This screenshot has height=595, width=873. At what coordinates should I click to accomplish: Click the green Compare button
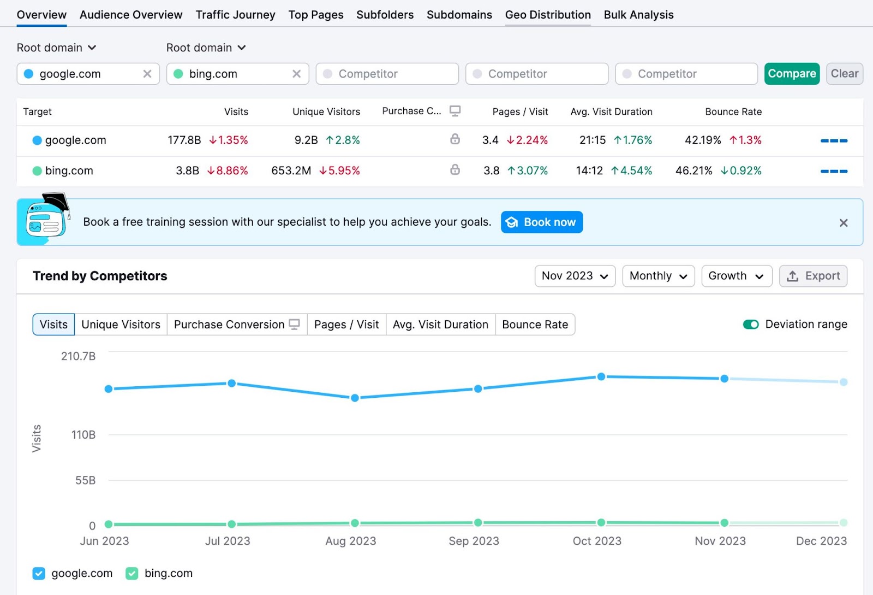791,74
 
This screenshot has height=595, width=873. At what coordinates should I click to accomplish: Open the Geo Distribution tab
548,15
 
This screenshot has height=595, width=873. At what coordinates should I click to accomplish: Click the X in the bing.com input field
296,74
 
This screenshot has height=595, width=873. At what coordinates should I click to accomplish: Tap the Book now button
541,222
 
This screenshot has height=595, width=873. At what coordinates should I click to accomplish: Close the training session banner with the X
843,223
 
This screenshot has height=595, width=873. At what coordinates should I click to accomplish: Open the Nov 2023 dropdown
575,276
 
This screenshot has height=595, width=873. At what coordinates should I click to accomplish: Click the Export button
813,276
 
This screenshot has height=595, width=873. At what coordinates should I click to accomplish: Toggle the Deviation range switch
751,325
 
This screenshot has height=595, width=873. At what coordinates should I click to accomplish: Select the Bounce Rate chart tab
535,325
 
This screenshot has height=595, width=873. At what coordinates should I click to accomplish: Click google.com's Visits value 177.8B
184,140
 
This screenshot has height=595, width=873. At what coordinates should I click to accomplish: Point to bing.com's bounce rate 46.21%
693,171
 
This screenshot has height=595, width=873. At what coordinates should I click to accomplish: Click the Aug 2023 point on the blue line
355,398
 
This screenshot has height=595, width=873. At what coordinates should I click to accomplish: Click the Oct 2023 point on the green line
601,522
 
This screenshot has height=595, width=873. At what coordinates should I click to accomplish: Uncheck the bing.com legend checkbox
132,573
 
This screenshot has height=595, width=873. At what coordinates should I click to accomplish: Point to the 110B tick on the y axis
83,435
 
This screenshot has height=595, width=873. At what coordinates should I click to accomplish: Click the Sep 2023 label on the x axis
474,541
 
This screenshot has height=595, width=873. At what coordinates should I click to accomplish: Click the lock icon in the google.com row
455,139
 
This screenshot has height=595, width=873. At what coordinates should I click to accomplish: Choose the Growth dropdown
736,276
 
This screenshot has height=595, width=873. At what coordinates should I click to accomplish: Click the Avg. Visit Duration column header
611,111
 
